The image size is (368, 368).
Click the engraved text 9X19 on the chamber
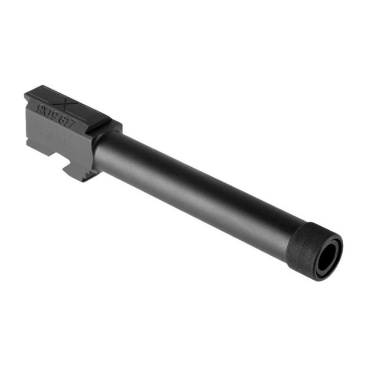pyautogui.click(x=45, y=110)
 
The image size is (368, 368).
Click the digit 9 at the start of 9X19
pyautogui.click(x=38, y=107)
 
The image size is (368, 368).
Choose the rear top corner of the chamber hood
pyautogui.click(x=27, y=94)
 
